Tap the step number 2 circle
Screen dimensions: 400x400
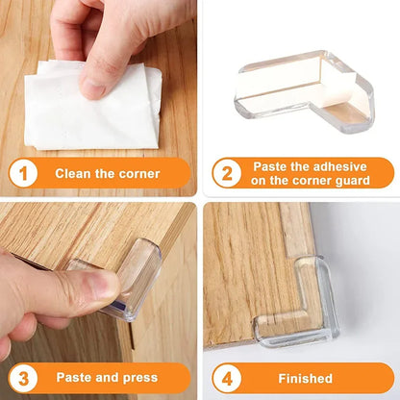pyautogui.click(x=227, y=174)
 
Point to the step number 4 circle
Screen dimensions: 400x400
pyautogui.click(x=227, y=378)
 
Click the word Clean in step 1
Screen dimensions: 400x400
pyautogui.click(x=73, y=174)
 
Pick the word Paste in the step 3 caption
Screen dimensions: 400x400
pyautogui.click(x=75, y=378)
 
